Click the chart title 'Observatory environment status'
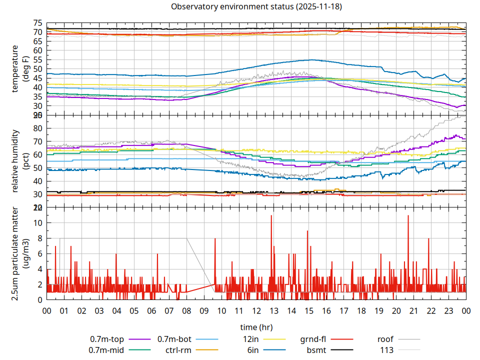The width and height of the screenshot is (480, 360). (232, 7)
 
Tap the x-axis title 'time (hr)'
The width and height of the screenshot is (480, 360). (256, 327)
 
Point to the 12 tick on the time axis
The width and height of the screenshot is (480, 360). (256, 310)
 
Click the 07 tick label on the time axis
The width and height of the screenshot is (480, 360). (169, 310)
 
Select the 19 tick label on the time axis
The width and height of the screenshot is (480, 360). (378, 310)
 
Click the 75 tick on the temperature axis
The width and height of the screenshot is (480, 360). (37, 23)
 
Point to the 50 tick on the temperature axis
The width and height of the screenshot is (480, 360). (37, 69)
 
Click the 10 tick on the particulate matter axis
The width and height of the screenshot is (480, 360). (37, 222)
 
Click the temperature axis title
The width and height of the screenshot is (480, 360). (19, 69)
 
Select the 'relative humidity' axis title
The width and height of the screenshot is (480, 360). (19, 161)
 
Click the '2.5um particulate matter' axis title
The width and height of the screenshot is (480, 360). (19, 253)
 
